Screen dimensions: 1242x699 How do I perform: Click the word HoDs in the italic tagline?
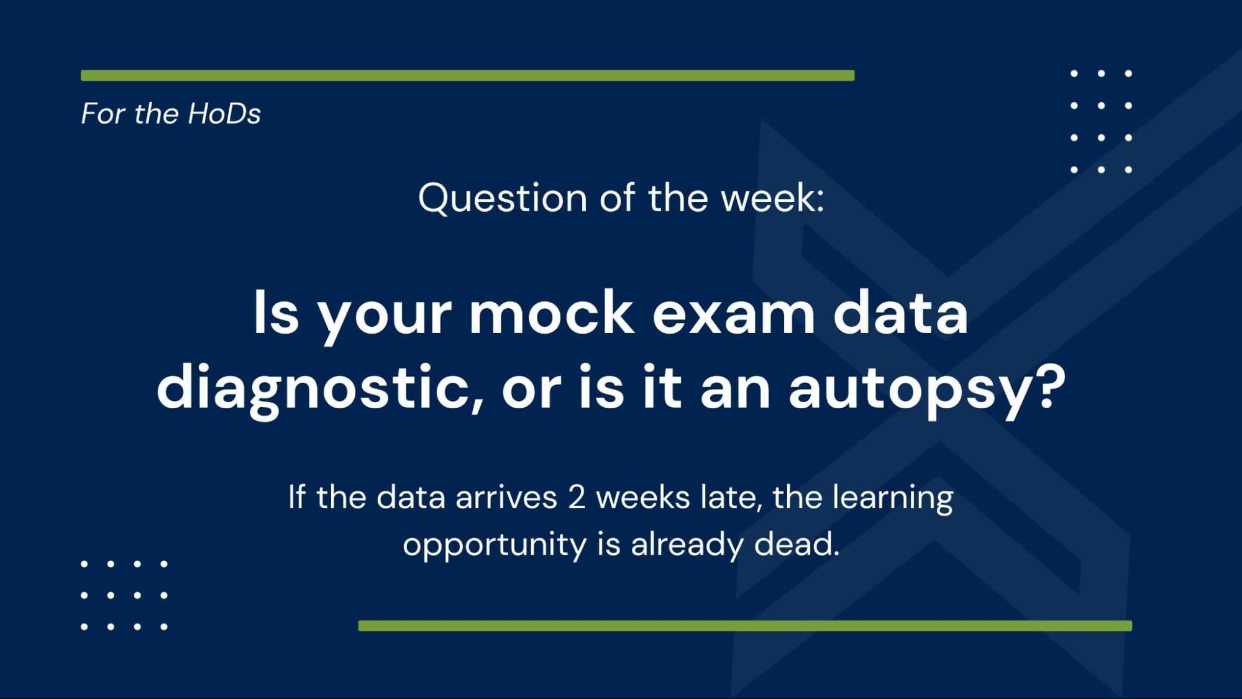click(x=224, y=114)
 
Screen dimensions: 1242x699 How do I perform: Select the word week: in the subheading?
click(x=772, y=198)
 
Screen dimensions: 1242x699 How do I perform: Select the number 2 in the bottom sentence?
click(x=577, y=498)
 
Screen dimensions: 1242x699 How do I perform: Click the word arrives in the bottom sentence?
click(x=506, y=497)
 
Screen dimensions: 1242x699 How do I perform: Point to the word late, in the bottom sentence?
click(x=731, y=498)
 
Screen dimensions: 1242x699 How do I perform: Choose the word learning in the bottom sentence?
click(x=892, y=498)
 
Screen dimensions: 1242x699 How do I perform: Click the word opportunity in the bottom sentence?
click(x=495, y=545)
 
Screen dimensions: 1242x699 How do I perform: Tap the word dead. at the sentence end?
click(x=797, y=544)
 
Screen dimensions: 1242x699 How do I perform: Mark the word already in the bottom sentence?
click(x=687, y=545)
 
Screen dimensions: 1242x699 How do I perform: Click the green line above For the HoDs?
click(x=468, y=76)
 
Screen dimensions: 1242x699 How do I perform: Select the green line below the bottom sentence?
click(x=745, y=626)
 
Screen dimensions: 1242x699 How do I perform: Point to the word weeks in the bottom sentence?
click(x=643, y=498)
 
